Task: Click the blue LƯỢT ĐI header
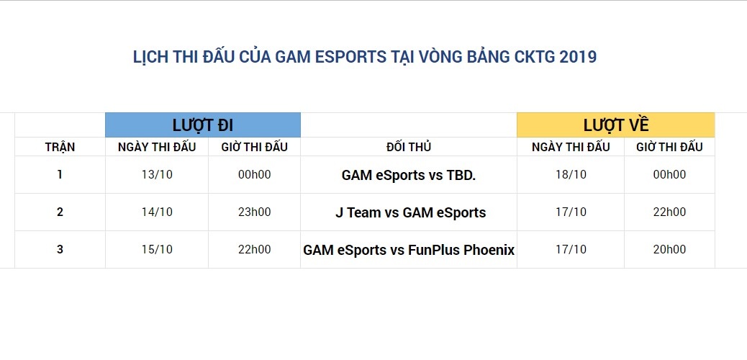[202, 125]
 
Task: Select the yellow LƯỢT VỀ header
[616, 125]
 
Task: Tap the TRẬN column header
[60, 147]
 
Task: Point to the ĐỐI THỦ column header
[408, 147]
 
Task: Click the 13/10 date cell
[157, 174]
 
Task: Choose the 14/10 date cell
[157, 212]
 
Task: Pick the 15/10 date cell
[157, 249]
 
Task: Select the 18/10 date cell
[571, 174]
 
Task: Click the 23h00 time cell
[254, 212]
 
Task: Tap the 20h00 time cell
[669, 249]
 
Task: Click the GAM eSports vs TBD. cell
[408, 174]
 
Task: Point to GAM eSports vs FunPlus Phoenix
[409, 250]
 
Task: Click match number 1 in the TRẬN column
[60, 174]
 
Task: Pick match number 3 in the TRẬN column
[60, 249]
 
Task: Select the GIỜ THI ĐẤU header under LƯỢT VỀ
[669, 147]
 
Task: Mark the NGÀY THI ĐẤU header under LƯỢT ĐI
[157, 147]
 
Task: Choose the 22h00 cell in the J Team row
[669, 212]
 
